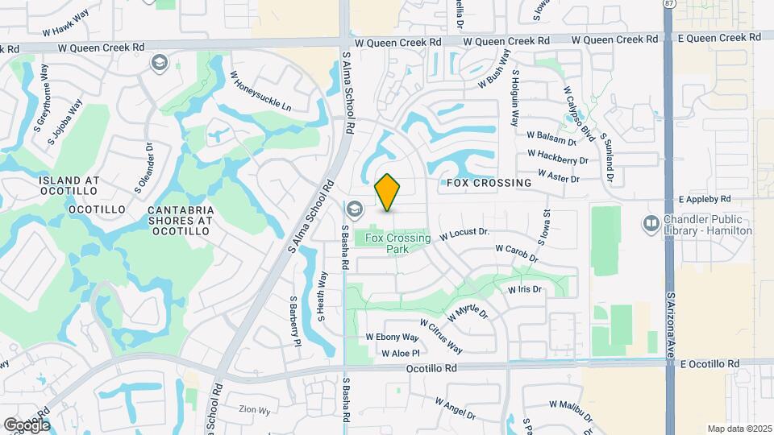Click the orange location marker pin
click(x=387, y=193)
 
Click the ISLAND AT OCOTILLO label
click(x=69, y=185)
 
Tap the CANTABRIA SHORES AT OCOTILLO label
click(x=179, y=220)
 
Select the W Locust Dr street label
click(x=465, y=234)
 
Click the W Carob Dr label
click(x=516, y=253)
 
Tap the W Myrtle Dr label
click(x=468, y=313)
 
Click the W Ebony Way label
click(x=393, y=338)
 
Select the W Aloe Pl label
click(x=394, y=353)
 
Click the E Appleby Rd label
click(x=704, y=199)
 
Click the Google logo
click(x=26, y=425)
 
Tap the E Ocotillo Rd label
click(x=709, y=364)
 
